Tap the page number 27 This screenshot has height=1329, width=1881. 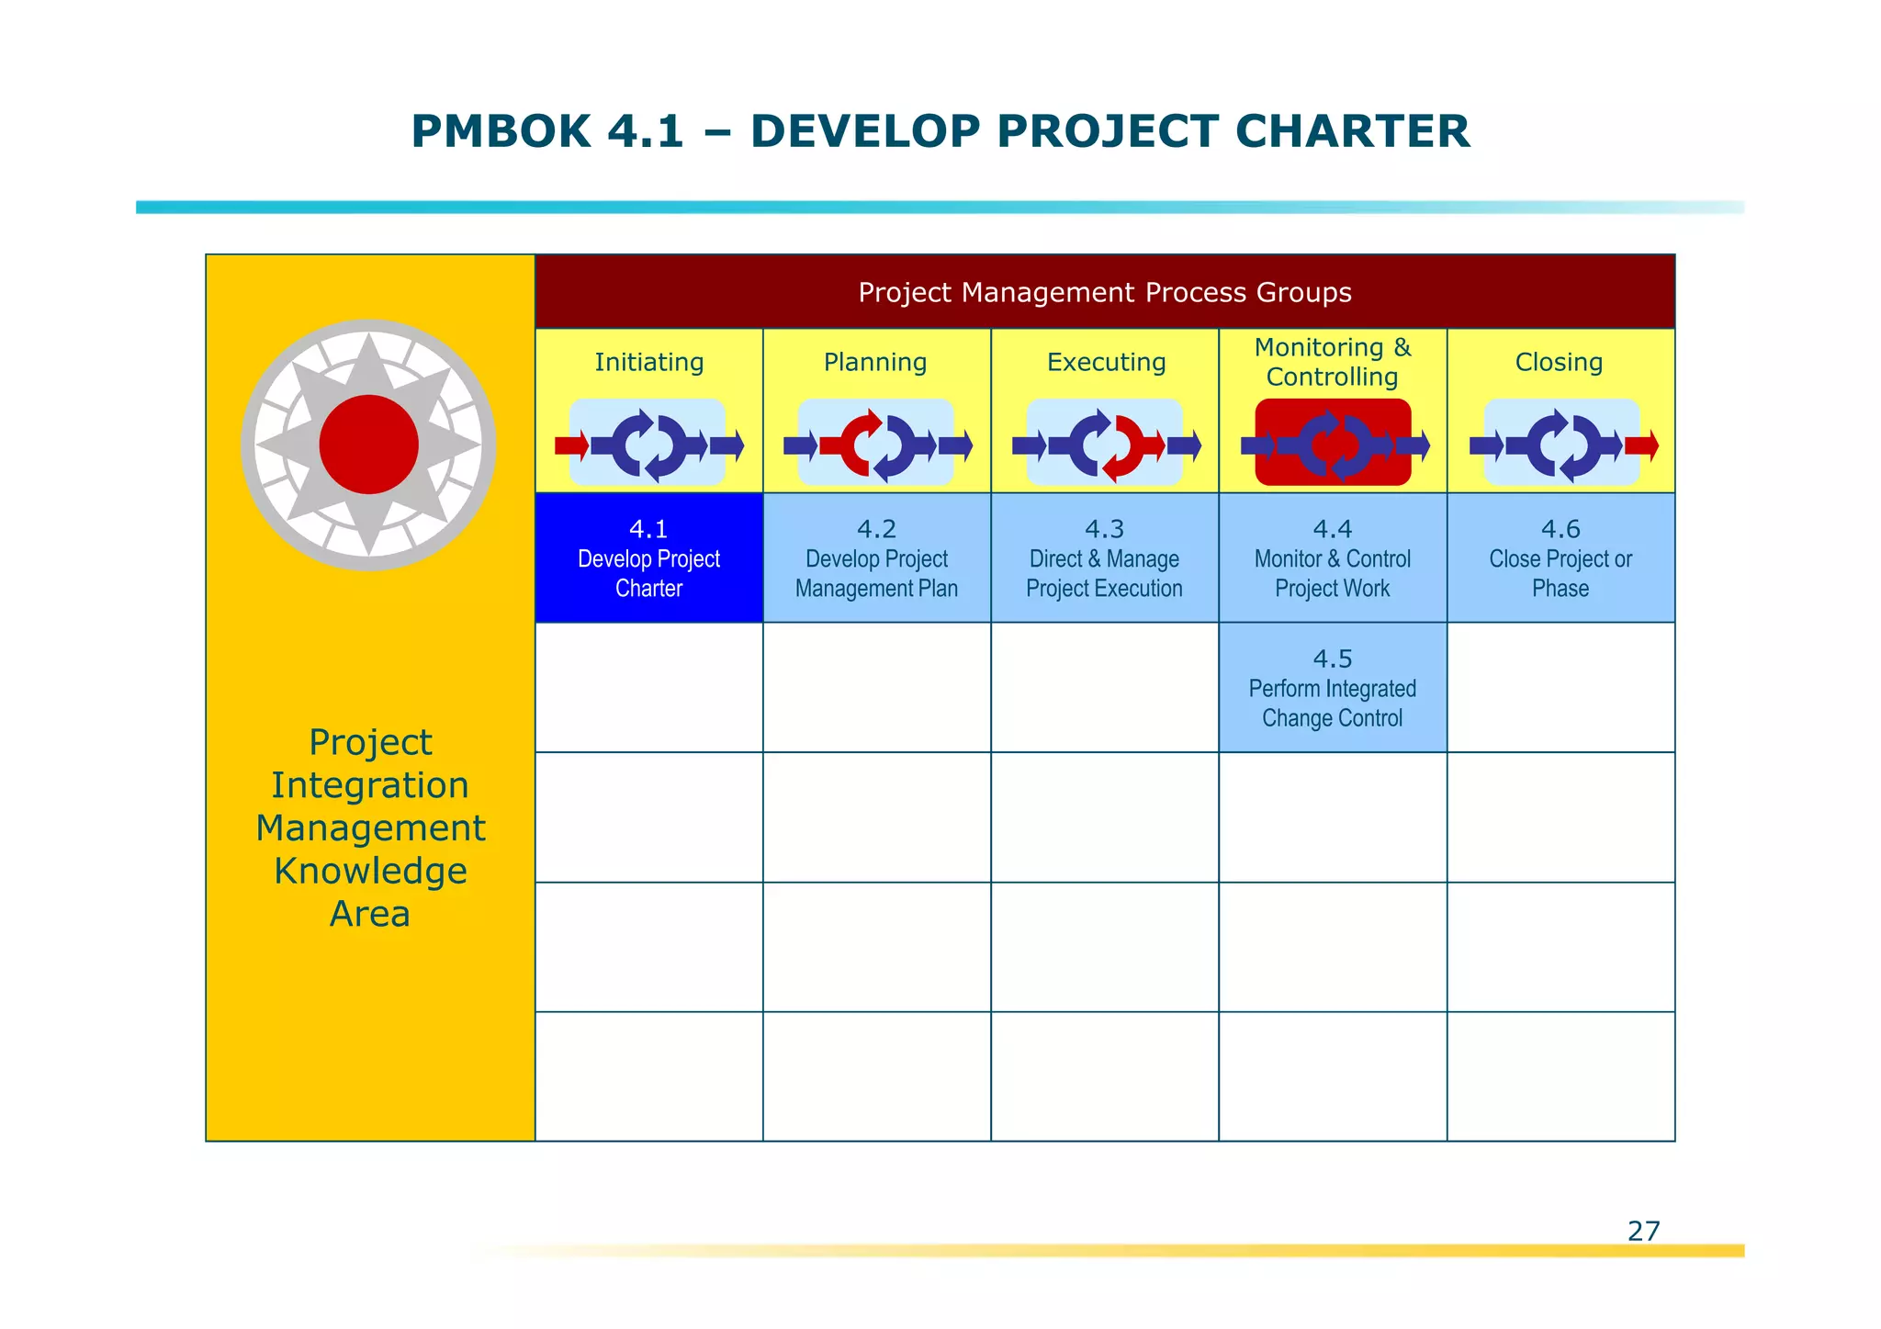coord(1643,1231)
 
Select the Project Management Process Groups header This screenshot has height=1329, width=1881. coord(1104,292)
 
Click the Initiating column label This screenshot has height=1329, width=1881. coord(648,362)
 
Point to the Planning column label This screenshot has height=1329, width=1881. coord(875,362)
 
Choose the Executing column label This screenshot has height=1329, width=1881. coord(1106,362)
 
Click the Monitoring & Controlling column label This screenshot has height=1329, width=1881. coord(1332,362)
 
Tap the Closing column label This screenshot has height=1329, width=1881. coord(1559,362)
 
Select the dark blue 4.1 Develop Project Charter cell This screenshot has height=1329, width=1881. coord(648,558)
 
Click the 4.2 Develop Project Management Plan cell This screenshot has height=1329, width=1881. coord(876,558)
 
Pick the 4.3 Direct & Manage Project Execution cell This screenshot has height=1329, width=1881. coord(1104,558)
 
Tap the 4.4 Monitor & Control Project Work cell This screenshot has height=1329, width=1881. coord(1332,558)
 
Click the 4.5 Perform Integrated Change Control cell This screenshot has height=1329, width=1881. coord(1332,688)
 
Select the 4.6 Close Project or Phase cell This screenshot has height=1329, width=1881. coord(1560,558)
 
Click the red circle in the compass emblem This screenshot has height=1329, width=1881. coord(368,445)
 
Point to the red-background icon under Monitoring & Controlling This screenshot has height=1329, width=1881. coord(1333,443)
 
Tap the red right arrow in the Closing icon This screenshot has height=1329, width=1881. coord(1641,446)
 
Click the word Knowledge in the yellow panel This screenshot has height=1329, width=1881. coord(370,871)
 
